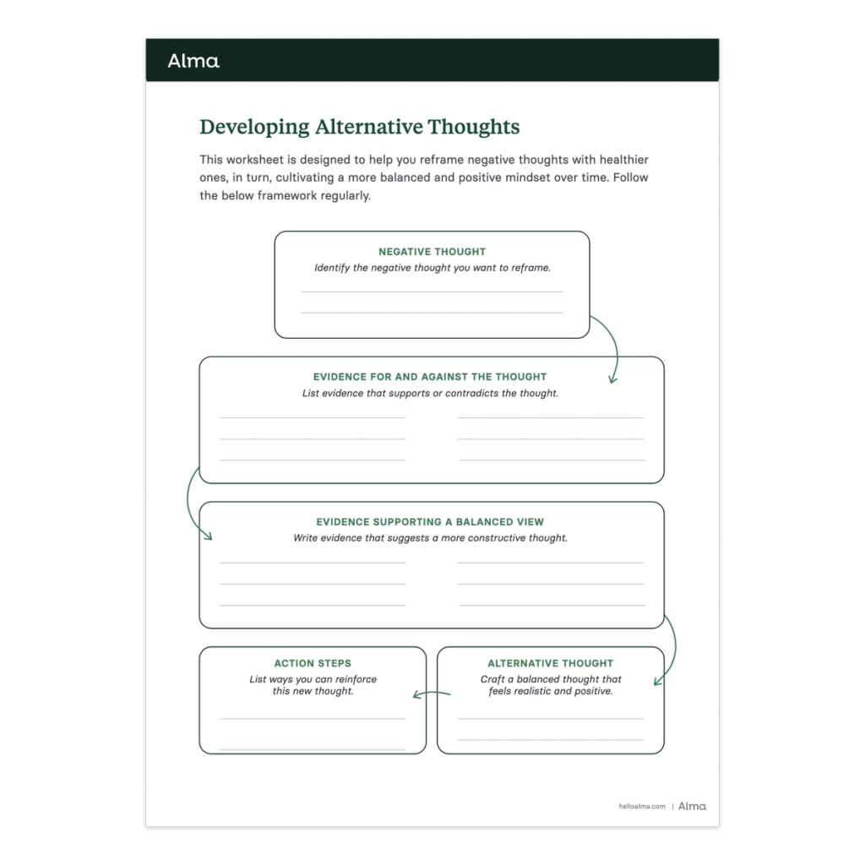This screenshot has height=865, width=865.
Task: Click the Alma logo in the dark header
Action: tap(193, 61)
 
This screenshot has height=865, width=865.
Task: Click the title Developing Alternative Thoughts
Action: tap(359, 128)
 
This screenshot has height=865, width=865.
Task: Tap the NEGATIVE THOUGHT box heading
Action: tap(432, 252)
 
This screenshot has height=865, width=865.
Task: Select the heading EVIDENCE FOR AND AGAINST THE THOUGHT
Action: tap(430, 377)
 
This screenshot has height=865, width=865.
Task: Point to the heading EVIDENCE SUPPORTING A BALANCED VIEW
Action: tap(430, 522)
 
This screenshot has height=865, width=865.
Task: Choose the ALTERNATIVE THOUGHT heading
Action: tap(550, 663)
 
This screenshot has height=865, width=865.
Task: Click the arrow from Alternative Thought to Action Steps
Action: tap(431, 694)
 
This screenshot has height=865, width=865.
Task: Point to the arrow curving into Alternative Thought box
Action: tap(667, 650)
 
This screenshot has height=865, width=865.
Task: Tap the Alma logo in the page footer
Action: tap(693, 806)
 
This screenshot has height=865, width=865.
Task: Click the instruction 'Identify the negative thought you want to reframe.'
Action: tap(432, 268)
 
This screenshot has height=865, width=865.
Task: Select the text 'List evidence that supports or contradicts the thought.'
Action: tap(430, 393)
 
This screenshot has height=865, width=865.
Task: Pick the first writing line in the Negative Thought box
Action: tap(432, 291)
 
